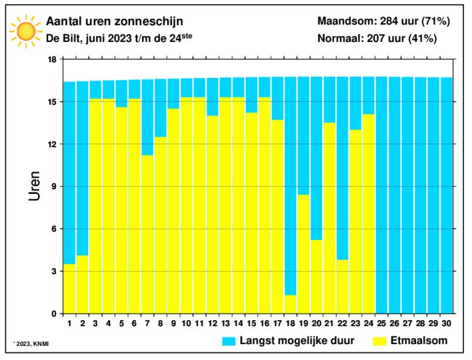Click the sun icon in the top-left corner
(x=26, y=30)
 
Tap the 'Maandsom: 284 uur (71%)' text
(x=383, y=22)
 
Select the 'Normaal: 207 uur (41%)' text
(x=377, y=38)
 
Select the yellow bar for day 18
(x=291, y=304)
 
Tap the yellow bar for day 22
(x=342, y=287)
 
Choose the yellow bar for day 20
(x=317, y=277)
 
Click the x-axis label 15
(x=251, y=323)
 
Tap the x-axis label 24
(x=368, y=323)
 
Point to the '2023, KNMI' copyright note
(x=31, y=344)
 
